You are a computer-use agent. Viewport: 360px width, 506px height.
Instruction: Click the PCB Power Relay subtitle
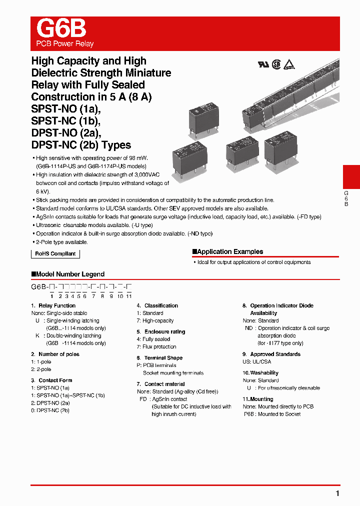65,43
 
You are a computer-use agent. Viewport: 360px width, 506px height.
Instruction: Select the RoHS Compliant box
55,253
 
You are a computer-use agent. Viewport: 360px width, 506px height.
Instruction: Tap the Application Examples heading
229,251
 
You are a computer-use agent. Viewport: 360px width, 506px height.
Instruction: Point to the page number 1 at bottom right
337,493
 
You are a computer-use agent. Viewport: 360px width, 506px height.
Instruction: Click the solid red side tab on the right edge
351,177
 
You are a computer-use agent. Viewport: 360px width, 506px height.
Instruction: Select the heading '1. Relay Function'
53,305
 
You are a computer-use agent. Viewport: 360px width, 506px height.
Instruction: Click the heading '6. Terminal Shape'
159,358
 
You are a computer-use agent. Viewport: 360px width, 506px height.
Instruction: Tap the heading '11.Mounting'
258,399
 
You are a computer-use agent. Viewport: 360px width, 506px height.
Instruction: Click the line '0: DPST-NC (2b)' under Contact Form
50,410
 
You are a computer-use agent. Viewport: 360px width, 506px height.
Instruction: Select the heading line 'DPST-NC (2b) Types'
81,145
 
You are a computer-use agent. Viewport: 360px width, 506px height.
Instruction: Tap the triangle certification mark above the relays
289,64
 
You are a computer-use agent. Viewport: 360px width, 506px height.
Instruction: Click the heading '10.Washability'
260,373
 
